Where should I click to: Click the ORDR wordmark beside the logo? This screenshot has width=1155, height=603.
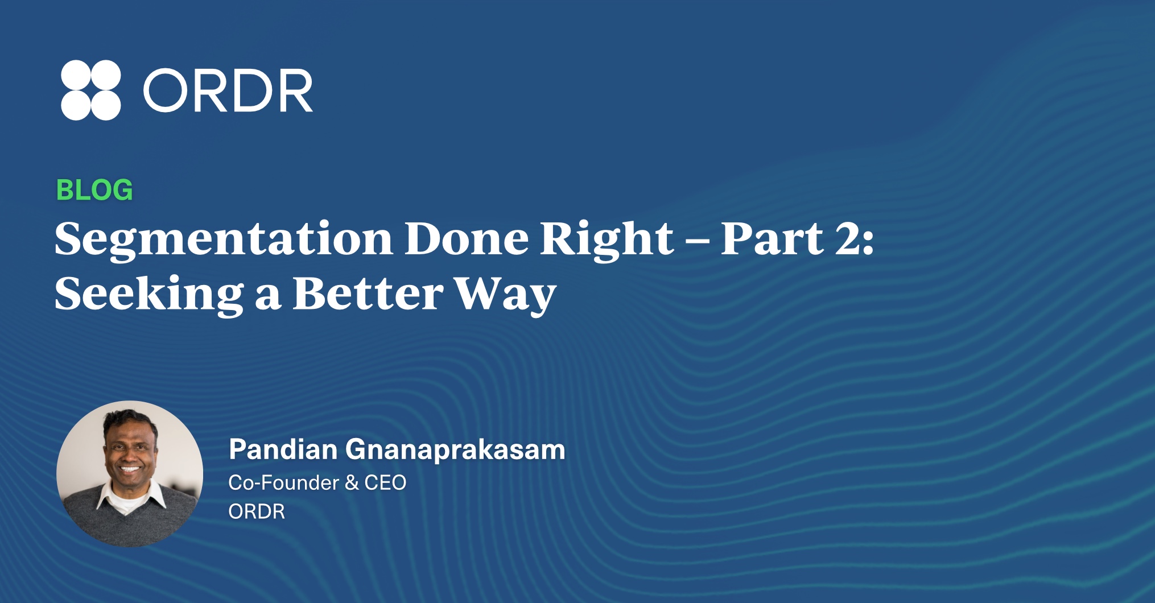(x=228, y=90)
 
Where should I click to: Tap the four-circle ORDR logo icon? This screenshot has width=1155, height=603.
(x=91, y=90)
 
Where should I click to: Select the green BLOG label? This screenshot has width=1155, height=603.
(x=94, y=190)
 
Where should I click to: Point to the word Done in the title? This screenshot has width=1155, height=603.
(x=467, y=238)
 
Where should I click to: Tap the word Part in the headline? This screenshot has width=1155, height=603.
(x=772, y=238)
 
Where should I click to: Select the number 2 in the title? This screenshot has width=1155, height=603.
(x=847, y=238)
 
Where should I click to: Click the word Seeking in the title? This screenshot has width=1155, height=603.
(x=149, y=294)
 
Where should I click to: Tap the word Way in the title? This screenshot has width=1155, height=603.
(x=505, y=295)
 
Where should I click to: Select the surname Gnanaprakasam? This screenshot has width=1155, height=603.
(x=455, y=451)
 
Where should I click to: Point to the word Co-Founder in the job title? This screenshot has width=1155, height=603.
(x=284, y=482)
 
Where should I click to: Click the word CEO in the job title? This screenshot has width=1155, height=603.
(x=385, y=482)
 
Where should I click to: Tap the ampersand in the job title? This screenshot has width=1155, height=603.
(x=352, y=482)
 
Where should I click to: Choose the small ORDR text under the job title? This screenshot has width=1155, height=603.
(x=257, y=511)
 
